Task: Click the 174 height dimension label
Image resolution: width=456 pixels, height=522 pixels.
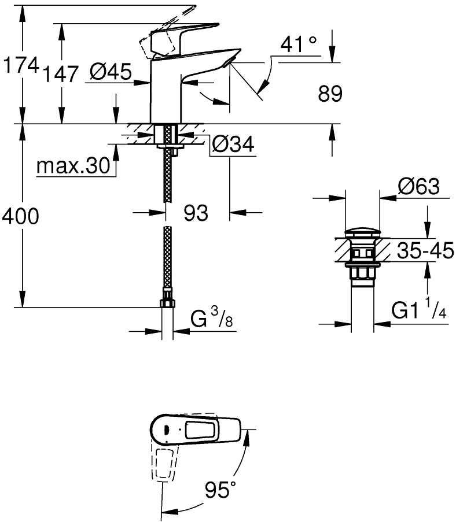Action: tap(21, 65)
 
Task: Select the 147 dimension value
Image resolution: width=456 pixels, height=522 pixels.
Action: tap(61, 74)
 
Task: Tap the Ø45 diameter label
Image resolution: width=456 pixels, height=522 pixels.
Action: tap(111, 72)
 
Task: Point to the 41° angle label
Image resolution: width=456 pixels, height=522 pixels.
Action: tap(299, 45)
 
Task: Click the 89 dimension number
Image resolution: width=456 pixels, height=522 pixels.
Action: tap(330, 94)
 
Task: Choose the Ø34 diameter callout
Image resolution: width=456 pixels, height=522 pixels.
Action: tap(233, 144)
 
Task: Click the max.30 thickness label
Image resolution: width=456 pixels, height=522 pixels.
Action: tap(73, 165)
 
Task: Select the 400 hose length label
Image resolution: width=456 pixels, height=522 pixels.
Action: tap(21, 216)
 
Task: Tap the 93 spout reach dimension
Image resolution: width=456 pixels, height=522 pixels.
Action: tap(196, 213)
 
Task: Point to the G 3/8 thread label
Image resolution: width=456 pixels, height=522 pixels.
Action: tap(212, 318)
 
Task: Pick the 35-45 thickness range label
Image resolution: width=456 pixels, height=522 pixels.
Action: tap(425, 250)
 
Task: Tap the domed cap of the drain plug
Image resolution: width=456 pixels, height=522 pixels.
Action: tap(362, 232)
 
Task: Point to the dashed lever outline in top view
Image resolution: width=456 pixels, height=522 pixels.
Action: tap(165, 463)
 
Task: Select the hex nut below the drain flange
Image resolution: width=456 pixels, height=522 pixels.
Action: tap(362, 273)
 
